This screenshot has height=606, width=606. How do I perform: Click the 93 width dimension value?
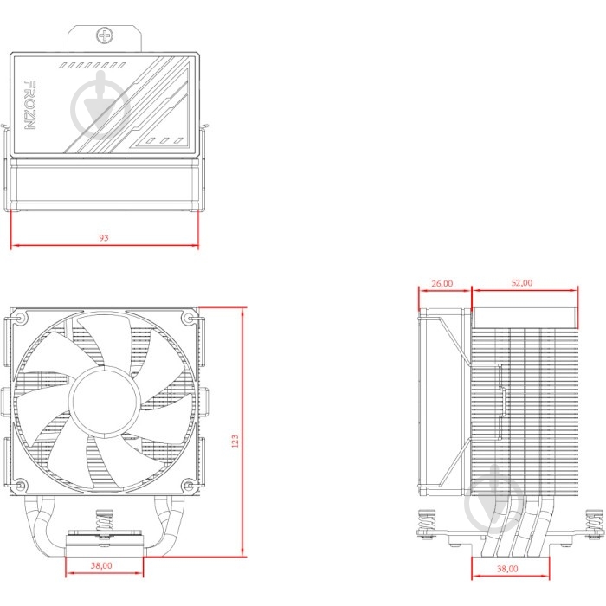pos(105,237)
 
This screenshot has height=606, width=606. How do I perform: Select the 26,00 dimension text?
pos(442,283)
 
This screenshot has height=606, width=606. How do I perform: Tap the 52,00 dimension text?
pos(522,283)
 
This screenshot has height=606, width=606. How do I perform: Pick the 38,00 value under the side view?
pos(507,568)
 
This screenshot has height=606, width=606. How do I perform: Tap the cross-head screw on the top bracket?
pos(106,36)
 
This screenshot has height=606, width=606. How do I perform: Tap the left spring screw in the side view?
pos(426,525)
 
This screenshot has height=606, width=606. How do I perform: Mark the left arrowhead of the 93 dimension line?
pos(13,246)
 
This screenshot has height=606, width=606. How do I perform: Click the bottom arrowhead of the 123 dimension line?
pos(243,553)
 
